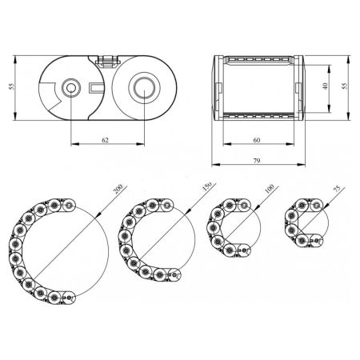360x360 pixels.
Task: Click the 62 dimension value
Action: [106, 140]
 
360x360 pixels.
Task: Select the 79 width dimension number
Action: [256, 161]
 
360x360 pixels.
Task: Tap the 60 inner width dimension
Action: [257, 140]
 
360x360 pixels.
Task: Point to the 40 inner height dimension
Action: [325, 86]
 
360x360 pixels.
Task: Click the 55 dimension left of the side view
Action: [12, 86]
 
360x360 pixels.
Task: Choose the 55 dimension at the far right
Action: [345, 86]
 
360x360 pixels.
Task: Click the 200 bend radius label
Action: [118, 189]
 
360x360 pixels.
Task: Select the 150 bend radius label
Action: [206, 187]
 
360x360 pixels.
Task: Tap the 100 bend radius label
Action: [270, 189]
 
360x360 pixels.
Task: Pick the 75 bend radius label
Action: [337, 189]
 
